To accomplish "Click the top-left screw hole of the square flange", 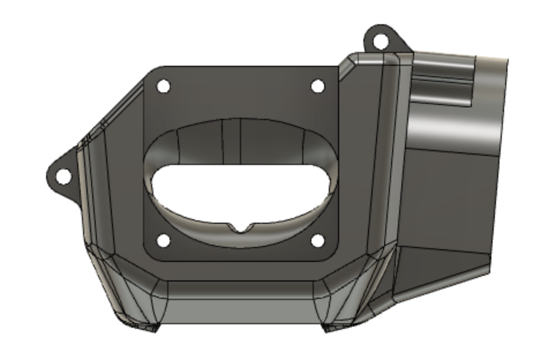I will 163,87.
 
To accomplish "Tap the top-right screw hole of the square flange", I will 317,87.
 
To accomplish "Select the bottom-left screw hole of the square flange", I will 163,240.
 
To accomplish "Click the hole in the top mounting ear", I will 380,42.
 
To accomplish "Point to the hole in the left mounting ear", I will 63,176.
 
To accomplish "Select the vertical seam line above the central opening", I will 223,141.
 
